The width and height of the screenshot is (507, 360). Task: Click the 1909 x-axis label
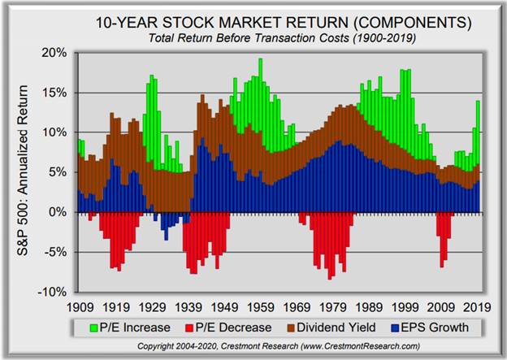[78, 308]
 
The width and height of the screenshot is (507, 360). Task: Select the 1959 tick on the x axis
[260, 308]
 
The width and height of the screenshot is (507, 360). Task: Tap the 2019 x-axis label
[478, 308]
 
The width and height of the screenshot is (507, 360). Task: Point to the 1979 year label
[332, 308]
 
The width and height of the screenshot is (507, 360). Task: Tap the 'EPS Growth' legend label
[445, 327]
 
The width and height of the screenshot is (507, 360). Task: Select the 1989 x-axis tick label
[369, 308]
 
